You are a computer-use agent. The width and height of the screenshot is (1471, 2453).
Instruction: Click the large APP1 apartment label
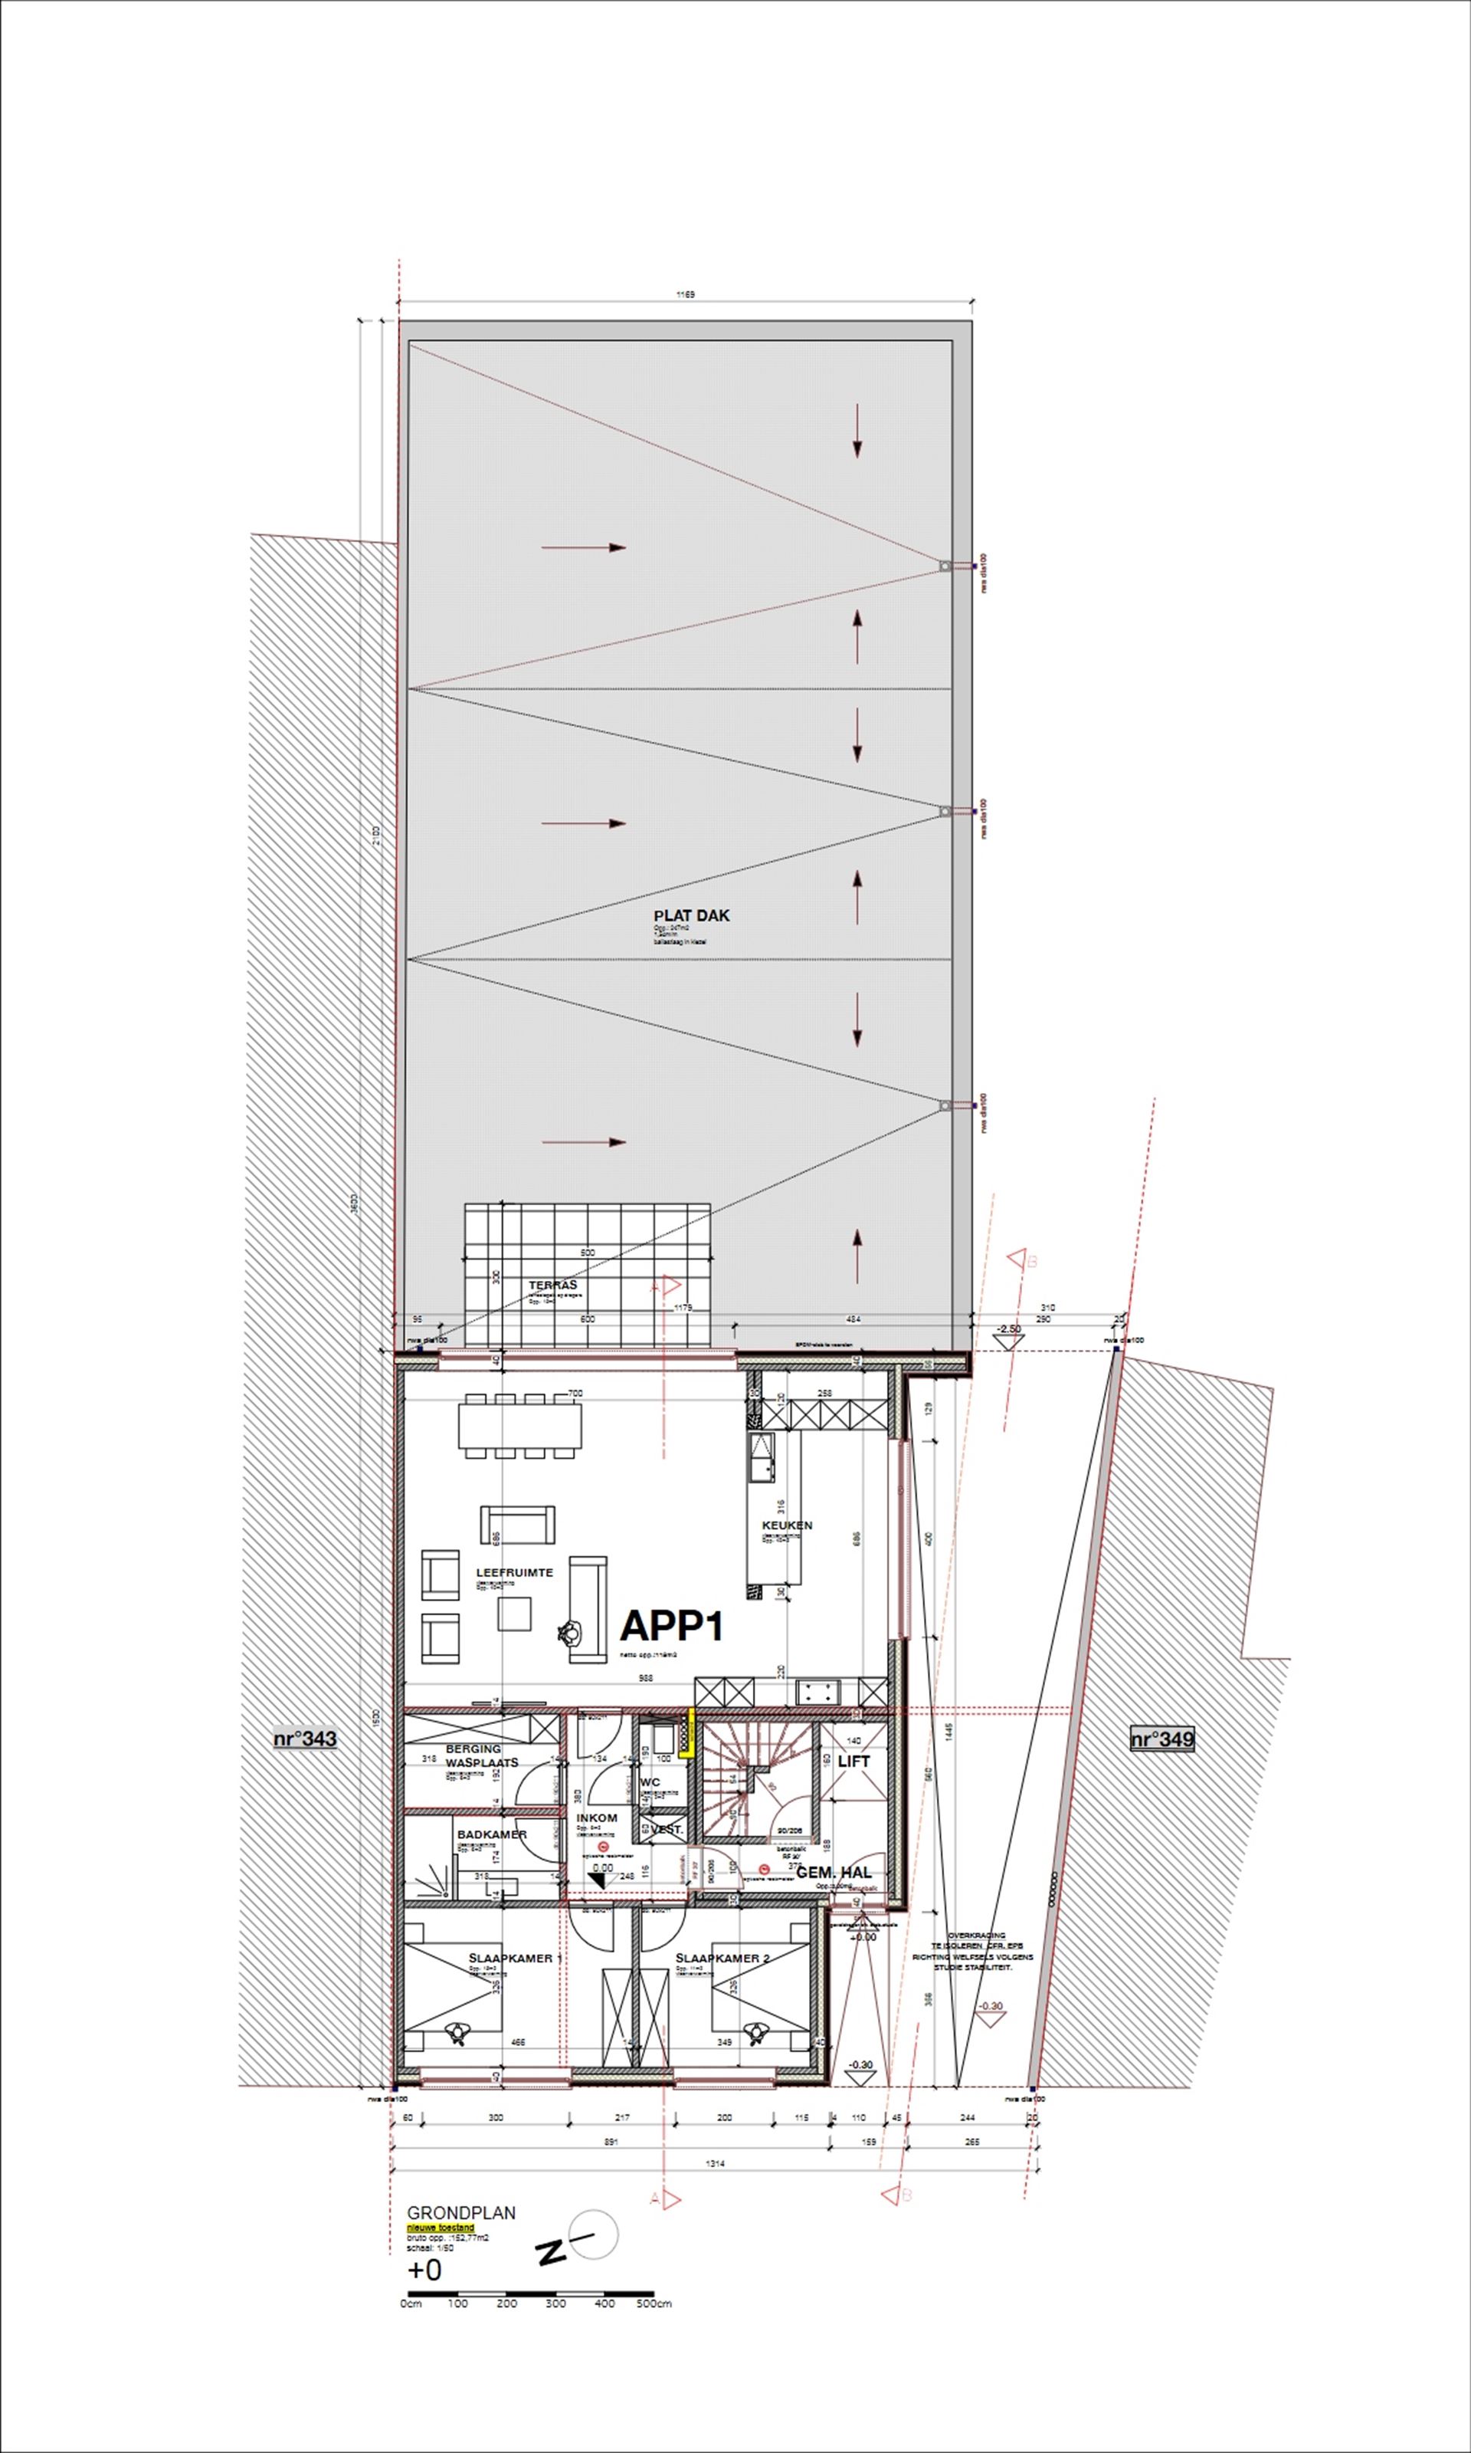click(671, 1626)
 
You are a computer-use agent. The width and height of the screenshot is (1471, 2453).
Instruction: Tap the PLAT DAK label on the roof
click(691, 915)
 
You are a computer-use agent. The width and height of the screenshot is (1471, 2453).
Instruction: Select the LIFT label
click(853, 1761)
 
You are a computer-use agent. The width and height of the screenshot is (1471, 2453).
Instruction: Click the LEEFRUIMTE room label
click(514, 1571)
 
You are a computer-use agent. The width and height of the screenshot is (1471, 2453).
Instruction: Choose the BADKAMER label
click(492, 1834)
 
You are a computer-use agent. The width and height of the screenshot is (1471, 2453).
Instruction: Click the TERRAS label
click(552, 1285)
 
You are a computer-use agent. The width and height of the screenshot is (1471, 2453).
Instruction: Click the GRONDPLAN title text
click(461, 2212)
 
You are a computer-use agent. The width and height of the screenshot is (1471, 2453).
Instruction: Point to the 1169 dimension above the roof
click(685, 294)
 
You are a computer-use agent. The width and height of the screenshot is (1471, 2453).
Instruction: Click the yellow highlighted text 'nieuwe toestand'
click(440, 2228)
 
